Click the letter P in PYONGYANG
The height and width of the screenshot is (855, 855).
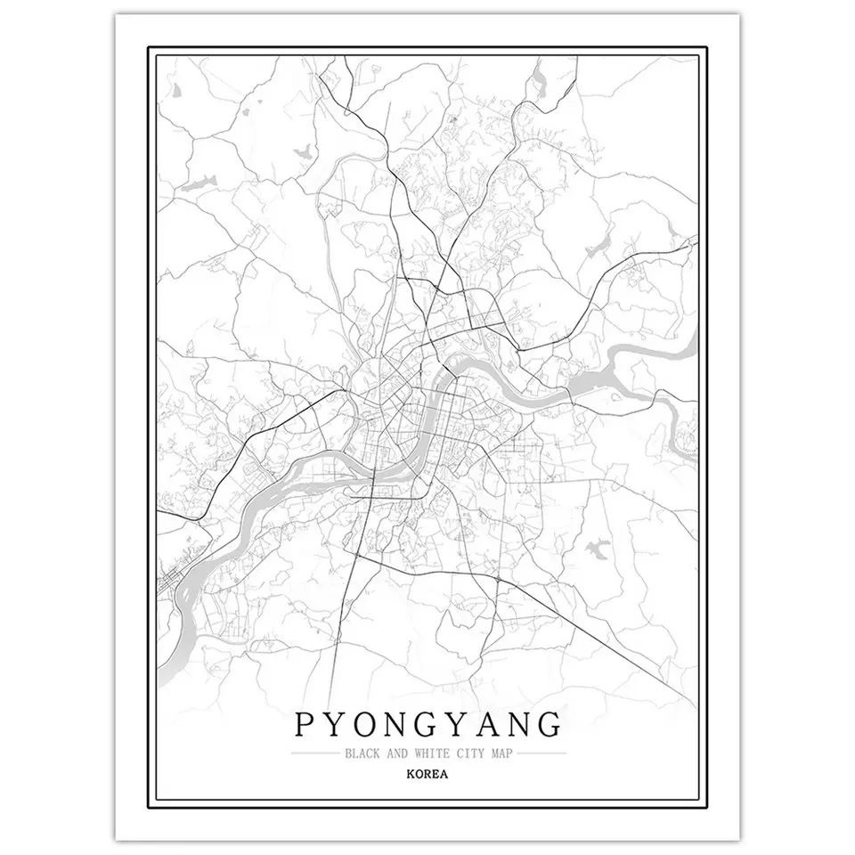(x=304, y=726)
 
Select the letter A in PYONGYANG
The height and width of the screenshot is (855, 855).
(x=500, y=726)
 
